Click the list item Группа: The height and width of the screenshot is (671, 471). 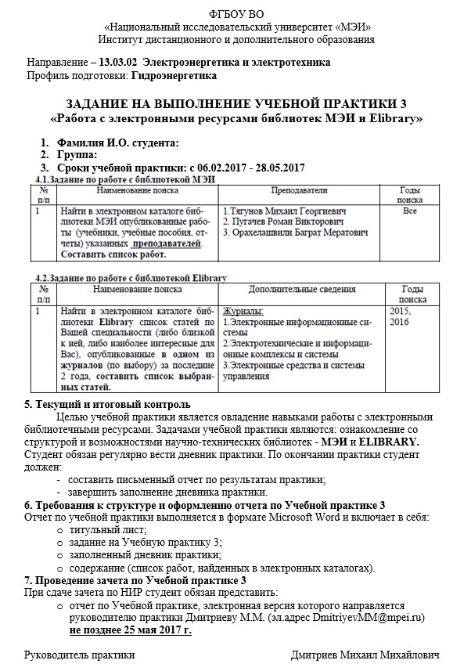click(x=77, y=155)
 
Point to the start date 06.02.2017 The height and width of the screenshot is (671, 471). click(x=225, y=168)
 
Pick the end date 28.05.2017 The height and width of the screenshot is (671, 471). click(x=279, y=168)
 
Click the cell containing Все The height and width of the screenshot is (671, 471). click(x=409, y=211)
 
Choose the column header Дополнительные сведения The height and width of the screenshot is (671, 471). click(x=301, y=290)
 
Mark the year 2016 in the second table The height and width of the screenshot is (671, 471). click(x=399, y=322)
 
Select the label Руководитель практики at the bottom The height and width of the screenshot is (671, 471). click(x=74, y=655)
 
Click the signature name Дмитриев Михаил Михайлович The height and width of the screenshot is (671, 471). click(x=365, y=655)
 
